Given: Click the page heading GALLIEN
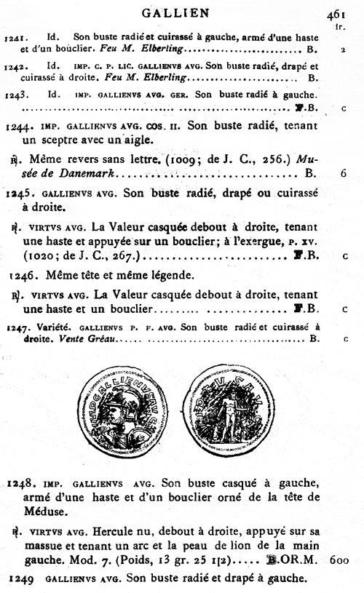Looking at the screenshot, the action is (185, 12).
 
